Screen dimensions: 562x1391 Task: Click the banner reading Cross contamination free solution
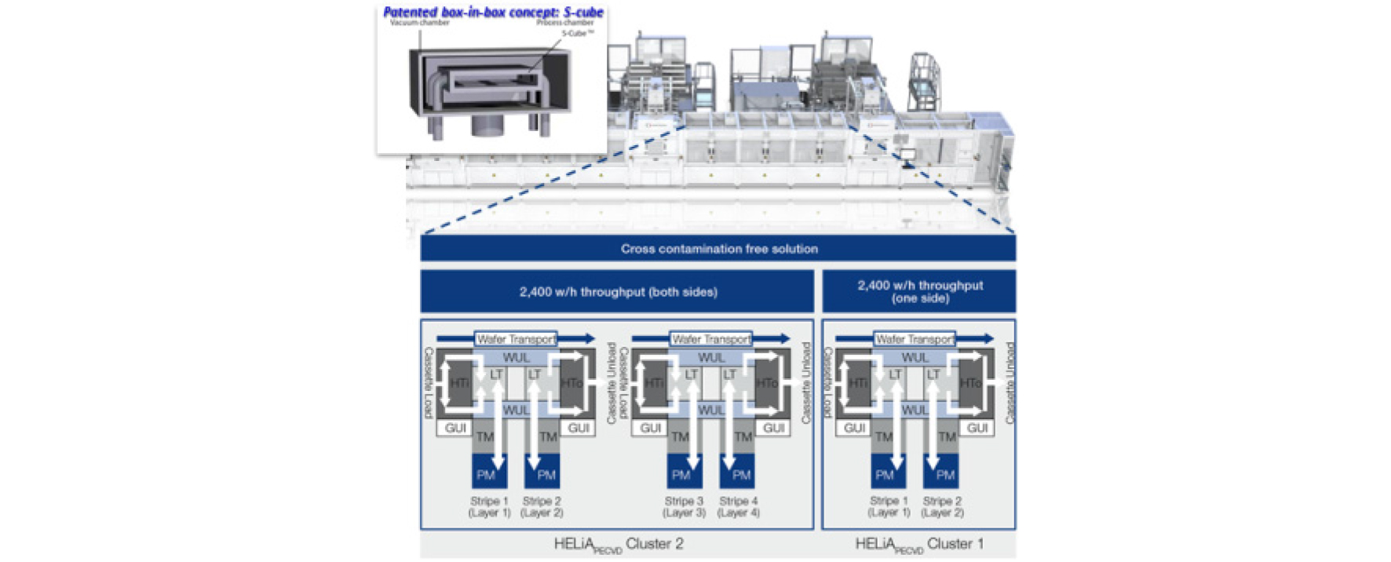(x=718, y=249)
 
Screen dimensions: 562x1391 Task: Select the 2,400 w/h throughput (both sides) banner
(x=618, y=292)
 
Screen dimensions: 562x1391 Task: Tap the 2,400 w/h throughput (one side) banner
(x=919, y=291)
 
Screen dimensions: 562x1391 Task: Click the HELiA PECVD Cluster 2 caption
(x=618, y=545)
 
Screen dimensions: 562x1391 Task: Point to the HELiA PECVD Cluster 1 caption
(x=918, y=545)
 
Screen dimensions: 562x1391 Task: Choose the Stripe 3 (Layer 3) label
(x=684, y=506)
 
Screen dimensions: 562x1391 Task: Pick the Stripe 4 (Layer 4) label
(x=738, y=506)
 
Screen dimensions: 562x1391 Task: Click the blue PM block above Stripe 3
(x=681, y=474)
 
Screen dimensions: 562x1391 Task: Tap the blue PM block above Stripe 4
(x=740, y=474)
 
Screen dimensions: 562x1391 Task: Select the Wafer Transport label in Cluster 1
(x=915, y=339)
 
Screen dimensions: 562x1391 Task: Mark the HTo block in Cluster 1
(x=970, y=383)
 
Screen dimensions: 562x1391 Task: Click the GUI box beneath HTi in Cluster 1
(x=854, y=428)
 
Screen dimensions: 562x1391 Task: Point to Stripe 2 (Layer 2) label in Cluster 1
(x=942, y=506)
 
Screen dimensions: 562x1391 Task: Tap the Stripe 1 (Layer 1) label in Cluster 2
(x=489, y=506)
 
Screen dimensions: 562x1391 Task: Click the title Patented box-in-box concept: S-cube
(x=493, y=12)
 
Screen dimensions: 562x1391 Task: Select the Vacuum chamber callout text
(x=419, y=23)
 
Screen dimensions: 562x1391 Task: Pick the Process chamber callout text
(x=564, y=23)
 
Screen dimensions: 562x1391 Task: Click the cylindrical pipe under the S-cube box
(x=488, y=126)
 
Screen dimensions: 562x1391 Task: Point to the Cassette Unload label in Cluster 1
(x=1009, y=383)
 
